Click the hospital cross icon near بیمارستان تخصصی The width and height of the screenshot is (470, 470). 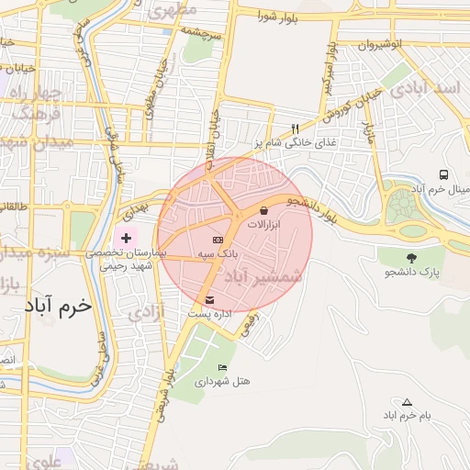126,238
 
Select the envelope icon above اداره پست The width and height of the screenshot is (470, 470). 211,300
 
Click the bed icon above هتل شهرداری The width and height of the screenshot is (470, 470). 222,367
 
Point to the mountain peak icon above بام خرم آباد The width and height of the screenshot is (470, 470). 408,402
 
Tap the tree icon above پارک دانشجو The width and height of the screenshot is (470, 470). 410,258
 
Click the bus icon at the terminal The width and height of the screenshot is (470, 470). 444,174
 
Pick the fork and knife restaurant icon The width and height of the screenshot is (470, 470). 295,129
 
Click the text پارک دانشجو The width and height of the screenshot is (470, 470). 412,273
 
